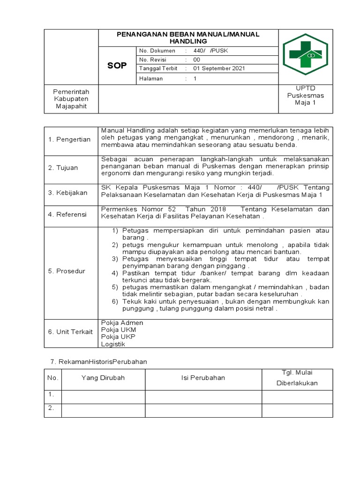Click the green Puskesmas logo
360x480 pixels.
[x=306, y=55]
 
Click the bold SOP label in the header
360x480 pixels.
[x=117, y=66]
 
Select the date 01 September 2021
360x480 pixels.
[x=220, y=68]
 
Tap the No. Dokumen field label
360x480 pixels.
[x=156, y=50]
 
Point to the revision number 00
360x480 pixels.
[x=197, y=60]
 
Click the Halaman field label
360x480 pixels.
[x=150, y=79]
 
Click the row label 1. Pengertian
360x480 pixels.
[x=70, y=140]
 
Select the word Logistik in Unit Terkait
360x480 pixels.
[x=113, y=344]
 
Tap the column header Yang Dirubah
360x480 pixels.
[x=103, y=378]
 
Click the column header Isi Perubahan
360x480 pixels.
[x=203, y=378]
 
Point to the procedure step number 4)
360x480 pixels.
[x=115, y=273]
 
